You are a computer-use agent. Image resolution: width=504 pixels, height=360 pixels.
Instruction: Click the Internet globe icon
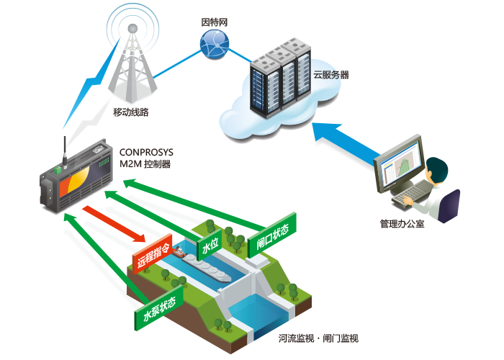215,45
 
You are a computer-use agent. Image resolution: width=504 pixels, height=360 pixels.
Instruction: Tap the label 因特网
215,22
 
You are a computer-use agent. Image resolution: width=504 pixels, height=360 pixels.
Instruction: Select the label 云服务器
331,75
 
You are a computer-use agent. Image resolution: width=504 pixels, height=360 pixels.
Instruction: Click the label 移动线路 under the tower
131,112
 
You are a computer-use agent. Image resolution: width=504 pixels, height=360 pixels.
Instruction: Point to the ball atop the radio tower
132,29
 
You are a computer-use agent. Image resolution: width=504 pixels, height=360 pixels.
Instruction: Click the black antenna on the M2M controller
65,151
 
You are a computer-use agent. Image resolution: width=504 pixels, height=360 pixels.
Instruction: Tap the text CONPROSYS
146,152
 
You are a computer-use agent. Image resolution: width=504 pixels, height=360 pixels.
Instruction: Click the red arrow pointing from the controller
114,224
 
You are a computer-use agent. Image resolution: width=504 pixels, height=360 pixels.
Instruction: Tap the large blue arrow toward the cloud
346,143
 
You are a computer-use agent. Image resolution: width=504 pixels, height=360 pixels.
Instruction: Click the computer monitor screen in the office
402,164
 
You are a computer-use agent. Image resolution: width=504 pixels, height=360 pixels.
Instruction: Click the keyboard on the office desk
412,193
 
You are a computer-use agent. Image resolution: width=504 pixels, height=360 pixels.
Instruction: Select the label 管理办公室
402,224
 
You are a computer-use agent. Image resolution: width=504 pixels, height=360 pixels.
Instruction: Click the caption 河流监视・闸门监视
318,338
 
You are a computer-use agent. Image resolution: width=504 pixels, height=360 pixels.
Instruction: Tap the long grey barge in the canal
207,268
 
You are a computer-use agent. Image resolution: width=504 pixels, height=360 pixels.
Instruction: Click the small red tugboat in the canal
179,252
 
